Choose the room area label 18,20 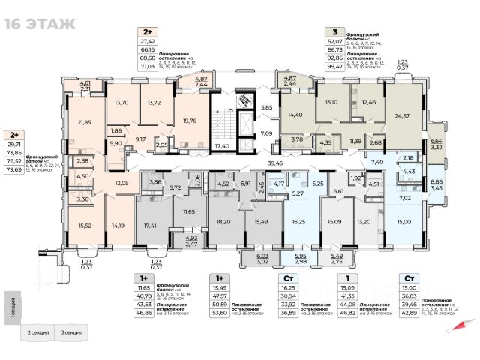click(x=222, y=223)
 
